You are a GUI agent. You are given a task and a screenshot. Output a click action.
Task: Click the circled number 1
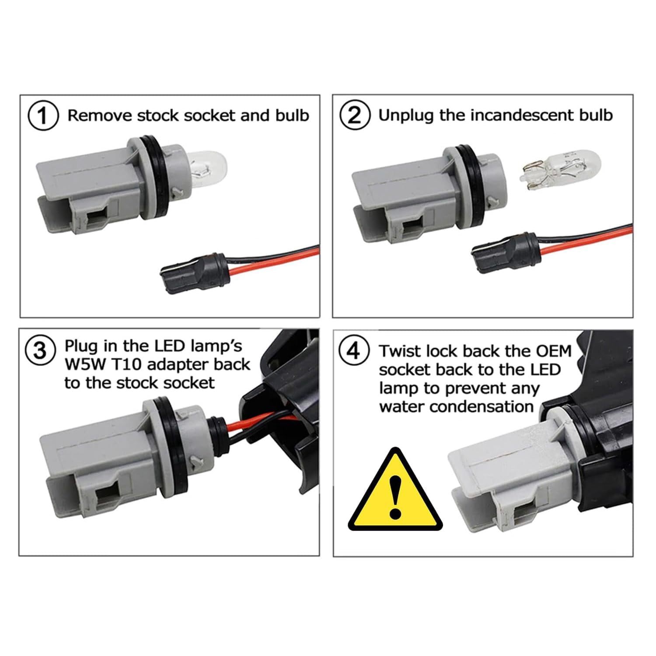coord(43,116)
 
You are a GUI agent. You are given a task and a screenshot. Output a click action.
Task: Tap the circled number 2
coord(355,116)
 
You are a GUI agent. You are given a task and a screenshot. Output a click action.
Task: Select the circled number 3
coord(40,350)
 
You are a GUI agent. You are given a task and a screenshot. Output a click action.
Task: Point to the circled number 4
coord(354,351)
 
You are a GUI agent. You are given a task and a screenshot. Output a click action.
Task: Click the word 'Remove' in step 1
coord(100,115)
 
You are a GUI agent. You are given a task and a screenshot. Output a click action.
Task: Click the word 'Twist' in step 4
coord(399,351)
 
